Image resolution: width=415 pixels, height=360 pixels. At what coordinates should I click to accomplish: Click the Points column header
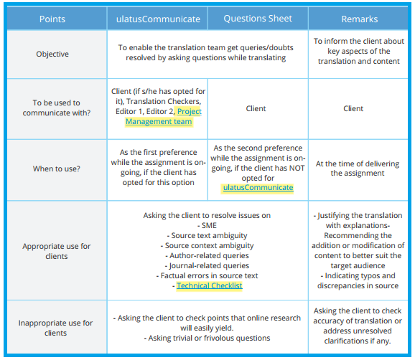pos(52,19)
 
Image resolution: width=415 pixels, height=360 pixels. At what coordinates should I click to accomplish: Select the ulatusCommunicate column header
pos(158,19)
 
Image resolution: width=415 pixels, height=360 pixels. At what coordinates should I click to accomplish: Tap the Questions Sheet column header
pos(258,19)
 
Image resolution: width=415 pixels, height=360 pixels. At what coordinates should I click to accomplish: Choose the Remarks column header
pos(360,19)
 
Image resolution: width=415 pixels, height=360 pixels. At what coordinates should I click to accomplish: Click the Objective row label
pos(52,54)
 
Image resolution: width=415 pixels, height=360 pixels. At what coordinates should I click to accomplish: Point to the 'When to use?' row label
pos(57,169)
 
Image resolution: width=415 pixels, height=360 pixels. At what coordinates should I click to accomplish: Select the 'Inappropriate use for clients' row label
pos(55,328)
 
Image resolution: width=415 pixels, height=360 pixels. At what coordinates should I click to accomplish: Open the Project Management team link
pos(163,116)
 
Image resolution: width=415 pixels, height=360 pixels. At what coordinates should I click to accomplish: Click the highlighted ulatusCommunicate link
pos(258,187)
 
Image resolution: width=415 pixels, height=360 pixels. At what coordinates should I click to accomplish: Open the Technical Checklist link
pos(210,285)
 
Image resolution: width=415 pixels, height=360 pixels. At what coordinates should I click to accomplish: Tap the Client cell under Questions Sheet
pos(256,108)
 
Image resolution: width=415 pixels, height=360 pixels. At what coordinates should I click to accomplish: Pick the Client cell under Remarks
pos(353,108)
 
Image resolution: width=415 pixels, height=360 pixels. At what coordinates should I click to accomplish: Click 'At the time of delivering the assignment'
pos(358,169)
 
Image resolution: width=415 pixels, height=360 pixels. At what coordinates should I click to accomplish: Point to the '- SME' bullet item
pos(207,225)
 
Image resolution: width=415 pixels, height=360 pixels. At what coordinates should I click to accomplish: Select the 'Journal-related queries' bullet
pos(207,265)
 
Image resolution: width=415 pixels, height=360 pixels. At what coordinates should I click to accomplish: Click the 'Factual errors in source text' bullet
pos(207,275)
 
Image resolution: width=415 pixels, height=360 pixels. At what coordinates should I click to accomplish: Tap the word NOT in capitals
pos(297,168)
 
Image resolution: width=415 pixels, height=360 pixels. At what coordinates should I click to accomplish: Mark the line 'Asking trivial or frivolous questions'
pos(207,338)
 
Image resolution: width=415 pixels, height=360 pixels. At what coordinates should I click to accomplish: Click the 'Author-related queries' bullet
pos(207,255)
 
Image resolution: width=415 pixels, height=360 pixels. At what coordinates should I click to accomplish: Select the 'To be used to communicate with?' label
pos(57,108)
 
